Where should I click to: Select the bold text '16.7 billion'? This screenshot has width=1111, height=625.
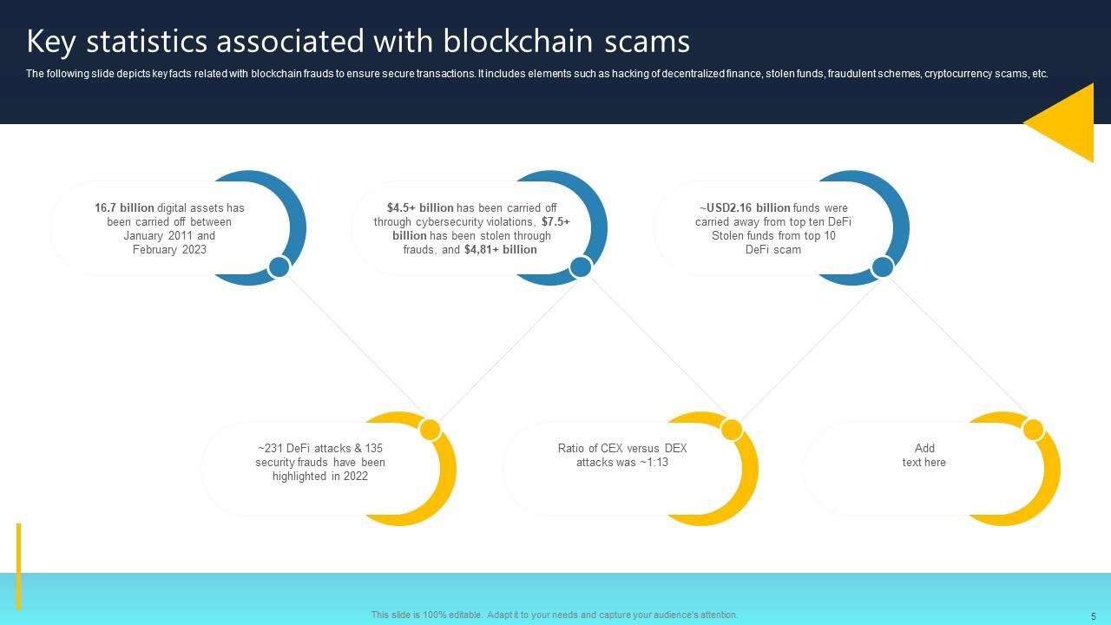point(124,208)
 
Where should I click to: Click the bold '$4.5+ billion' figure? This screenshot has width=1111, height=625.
point(420,208)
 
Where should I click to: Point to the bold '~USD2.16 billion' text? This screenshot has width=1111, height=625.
point(745,208)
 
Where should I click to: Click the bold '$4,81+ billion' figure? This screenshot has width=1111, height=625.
point(501,250)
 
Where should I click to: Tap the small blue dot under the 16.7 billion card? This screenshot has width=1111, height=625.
point(279,266)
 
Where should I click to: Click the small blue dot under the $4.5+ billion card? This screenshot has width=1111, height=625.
point(581,266)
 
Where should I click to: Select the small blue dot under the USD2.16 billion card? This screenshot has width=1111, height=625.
point(882,266)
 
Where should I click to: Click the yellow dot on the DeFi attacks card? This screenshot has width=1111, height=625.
point(430,429)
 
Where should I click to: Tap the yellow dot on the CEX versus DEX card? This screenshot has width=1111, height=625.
point(732,429)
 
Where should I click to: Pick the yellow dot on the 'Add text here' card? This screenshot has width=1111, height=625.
point(1033,429)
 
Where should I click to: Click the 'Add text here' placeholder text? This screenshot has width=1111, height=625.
point(924,456)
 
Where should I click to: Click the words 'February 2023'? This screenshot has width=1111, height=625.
point(169,250)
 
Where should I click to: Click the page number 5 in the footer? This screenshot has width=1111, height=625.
point(1094,615)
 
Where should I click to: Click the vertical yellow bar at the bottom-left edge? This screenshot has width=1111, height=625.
point(18,566)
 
